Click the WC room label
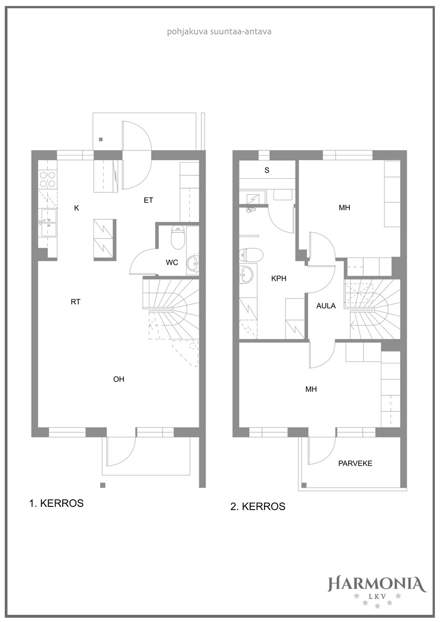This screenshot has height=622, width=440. coord(172,262)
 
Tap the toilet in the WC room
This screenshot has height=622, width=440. coord(177,238)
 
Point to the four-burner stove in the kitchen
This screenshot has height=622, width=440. coord(48,179)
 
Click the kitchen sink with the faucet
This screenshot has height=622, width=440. coord(49,223)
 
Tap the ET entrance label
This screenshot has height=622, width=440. coord(148,200)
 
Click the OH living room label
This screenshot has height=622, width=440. coord(119,379)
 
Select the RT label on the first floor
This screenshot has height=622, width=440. coord(76,302)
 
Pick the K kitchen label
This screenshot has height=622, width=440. coord(77,208)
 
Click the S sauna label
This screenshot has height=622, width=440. coord(267,170)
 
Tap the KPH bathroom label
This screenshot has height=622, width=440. coord(279,278)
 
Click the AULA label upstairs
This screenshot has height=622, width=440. coord(326,306)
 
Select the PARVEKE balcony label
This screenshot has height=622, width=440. coord(355,463)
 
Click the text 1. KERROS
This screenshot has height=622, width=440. coord(57,503)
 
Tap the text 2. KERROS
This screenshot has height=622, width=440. coord(258,507)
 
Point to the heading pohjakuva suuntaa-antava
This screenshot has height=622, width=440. coord(219,32)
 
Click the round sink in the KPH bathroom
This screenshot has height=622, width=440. coord(246,274)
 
